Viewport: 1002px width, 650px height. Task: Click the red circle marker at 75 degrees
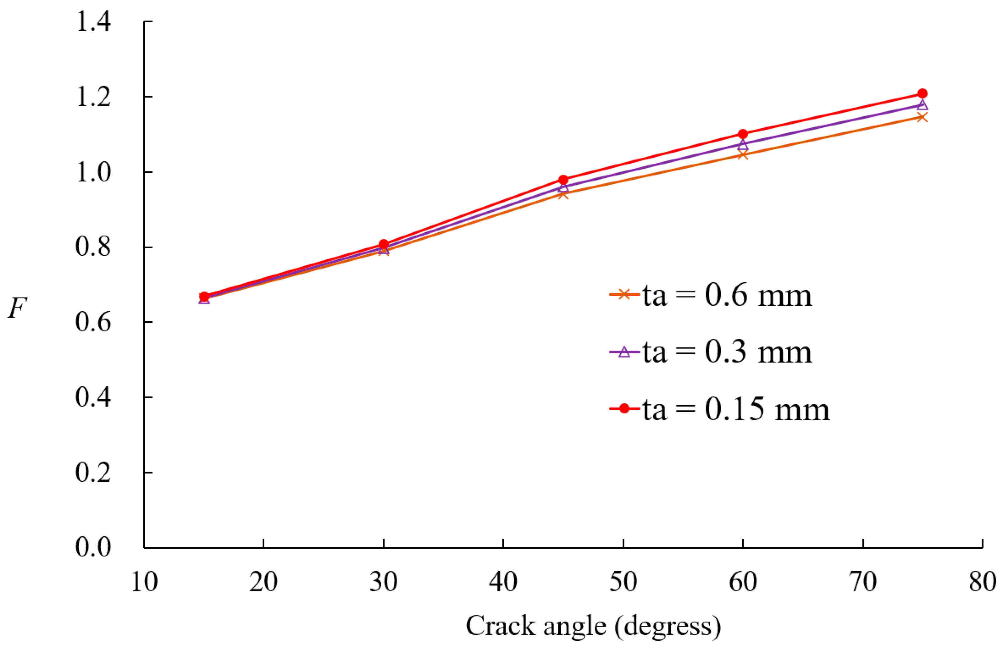pyautogui.click(x=922, y=93)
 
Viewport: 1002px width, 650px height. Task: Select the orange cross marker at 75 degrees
pyautogui.click(x=922, y=117)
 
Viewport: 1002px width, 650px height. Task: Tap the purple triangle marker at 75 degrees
pyautogui.click(x=922, y=105)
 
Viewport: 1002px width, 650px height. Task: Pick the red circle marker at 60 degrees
pyautogui.click(x=743, y=134)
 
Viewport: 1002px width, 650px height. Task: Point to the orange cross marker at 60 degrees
pyautogui.click(x=743, y=155)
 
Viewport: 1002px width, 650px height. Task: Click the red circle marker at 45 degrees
pyautogui.click(x=563, y=180)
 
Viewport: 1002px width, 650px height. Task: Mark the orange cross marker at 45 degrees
pyautogui.click(x=563, y=194)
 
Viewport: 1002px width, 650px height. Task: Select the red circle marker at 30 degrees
pyautogui.click(x=384, y=244)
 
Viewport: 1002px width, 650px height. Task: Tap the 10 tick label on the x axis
pyautogui.click(x=144, y=582)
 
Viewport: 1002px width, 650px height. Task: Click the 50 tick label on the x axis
pyautogui.click(x=623, y=582)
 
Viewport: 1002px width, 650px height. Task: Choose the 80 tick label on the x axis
pyautogui.click(x=982, y=582)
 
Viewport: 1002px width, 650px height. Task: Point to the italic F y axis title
pyautogui.click(x=17, y=308)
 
